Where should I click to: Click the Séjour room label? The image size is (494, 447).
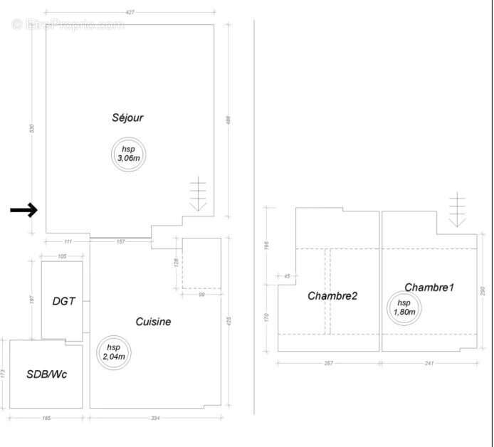[127, 117]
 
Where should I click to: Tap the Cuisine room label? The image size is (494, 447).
[153, 322]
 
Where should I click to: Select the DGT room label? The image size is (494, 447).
[63, 301]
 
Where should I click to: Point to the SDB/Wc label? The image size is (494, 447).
[46, 374]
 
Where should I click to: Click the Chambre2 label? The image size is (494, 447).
[332, 295]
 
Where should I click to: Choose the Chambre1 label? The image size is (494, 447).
[429, 288]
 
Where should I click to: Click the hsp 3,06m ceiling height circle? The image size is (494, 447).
[128, 154]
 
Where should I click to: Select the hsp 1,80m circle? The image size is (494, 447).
[403, 307]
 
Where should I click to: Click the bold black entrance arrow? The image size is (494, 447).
[23, 210]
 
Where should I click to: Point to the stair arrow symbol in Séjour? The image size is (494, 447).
[198, 194]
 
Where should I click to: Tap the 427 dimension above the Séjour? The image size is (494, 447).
[130, 12]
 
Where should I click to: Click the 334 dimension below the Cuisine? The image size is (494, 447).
[155, 419]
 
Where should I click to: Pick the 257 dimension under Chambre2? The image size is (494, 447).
[328, 363]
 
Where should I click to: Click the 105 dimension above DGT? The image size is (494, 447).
[61, 256]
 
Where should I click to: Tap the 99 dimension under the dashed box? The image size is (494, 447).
[201, 295]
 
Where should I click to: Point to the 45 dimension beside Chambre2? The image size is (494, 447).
[287, 276]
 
